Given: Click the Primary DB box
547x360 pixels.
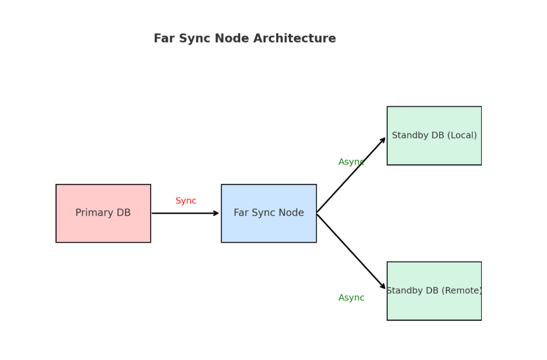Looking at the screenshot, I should pyautogui.click(x=103, y=213).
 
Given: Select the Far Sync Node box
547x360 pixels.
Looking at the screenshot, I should pyautogui.click(x=268, y=213).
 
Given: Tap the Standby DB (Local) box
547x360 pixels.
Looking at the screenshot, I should pyautogui.click(x=434, y=136).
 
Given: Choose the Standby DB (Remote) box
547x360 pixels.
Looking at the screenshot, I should pyautogui.click(x=434, y=291).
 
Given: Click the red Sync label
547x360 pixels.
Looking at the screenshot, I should pyautogui.click(x=186, y=201).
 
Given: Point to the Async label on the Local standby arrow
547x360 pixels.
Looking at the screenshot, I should pyautogui.click(x=351, y=162).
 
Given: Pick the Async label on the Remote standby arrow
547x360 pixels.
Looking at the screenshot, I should pyautogui.click(x=351, y=298).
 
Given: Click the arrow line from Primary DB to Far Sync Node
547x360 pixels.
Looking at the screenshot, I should pyautogui.click(x=183, y=213).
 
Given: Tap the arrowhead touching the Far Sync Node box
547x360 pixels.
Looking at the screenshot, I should pyautogui.click(x=217, y=213).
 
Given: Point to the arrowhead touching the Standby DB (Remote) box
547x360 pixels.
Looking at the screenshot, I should pyautogui.click(x=383, y=286).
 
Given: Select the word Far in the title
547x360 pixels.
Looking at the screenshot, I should pyautogui.click(x=164, y=39).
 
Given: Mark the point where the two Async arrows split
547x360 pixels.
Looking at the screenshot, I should pyautogui.click(x=317, y=213).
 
